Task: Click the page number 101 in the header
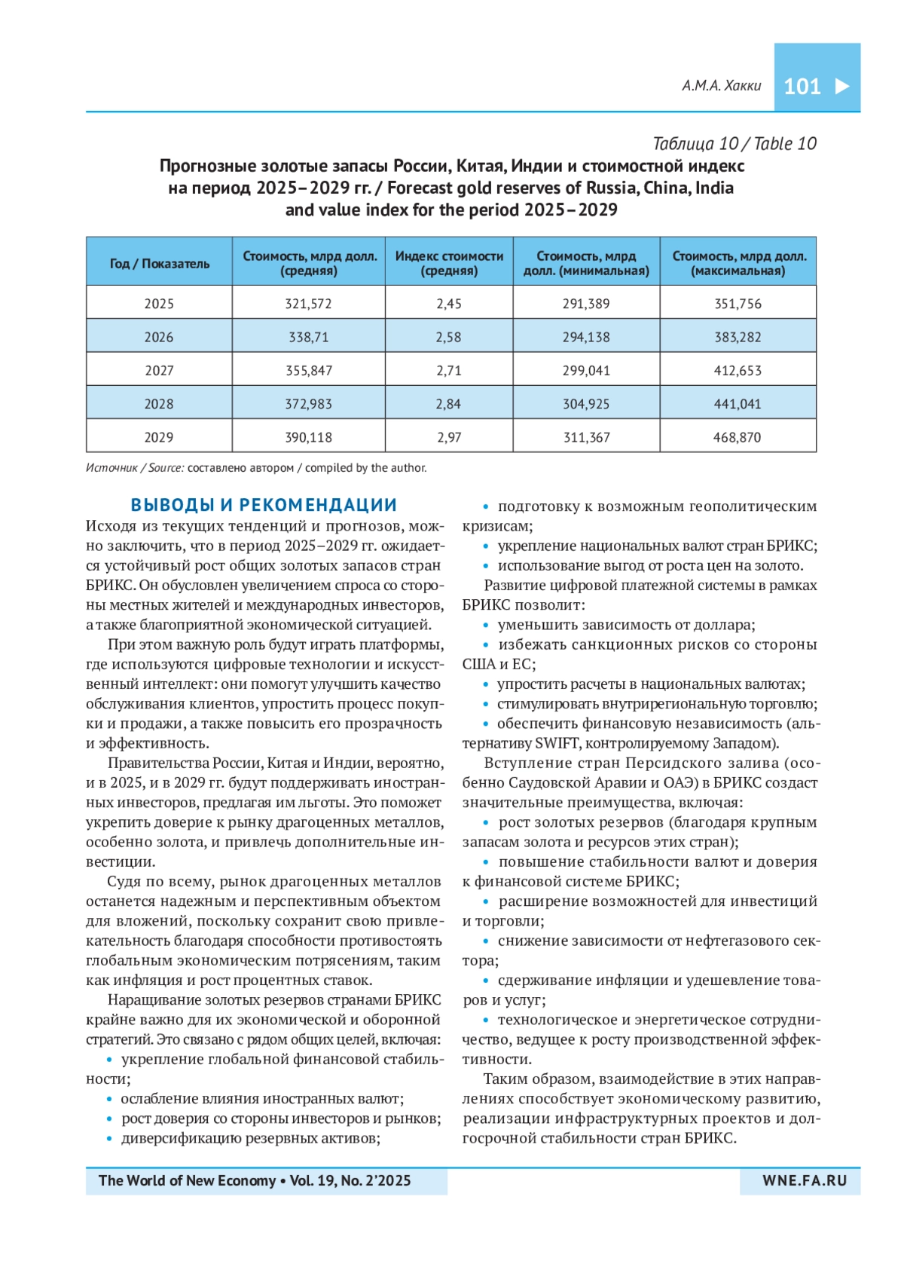point(802,87)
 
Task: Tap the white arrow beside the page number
point(842,86)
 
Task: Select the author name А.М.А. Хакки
point(721,86)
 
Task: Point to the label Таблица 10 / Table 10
point(734,144)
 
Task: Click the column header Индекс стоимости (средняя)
point(449,263)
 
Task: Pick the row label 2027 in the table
point(159,371)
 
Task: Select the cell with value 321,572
point(308,304)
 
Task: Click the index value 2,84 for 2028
point(448,404)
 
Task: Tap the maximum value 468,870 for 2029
point(737,437)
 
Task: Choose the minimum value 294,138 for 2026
point(586,338)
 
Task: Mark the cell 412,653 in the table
point(738,371)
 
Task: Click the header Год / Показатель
point(159,264)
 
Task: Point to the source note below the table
point(256,468)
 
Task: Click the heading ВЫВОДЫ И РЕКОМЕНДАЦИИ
point(264,505)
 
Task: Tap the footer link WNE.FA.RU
point(805,1181)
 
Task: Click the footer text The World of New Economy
point(187,1181)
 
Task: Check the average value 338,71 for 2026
point(308,338)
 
